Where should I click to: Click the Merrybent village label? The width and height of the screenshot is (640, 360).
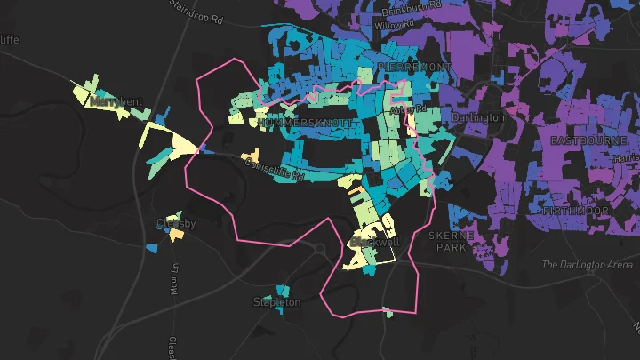tap(116, 102)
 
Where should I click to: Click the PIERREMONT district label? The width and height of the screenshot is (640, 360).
tap(413, 68)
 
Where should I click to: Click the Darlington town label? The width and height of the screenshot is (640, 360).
tap(477, 117)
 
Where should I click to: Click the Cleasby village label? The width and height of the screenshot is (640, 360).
tap(176, 224)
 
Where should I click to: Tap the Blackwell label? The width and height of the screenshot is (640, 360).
tap(376, 242)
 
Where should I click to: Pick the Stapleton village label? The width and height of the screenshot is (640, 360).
tap(277, 302)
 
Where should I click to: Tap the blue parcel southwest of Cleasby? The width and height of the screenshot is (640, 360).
tap(149, 245)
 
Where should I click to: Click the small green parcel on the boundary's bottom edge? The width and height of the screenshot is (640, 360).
tap(388, 311)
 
